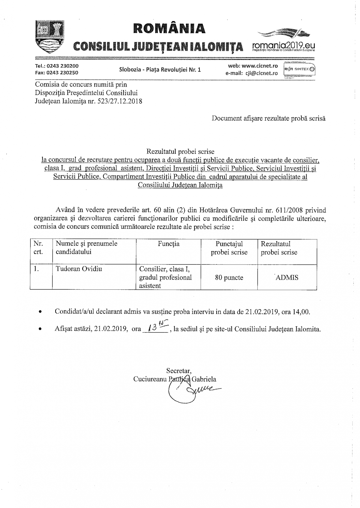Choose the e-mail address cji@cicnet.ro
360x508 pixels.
(x=262, y=73)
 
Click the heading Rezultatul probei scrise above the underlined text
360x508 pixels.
(x=180, y=152)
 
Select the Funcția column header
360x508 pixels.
(x=169, y=244)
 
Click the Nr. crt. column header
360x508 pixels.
(x=38, y=248)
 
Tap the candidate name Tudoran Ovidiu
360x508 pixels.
(x=79, y=269)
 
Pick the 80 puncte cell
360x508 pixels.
(x=229, y=278)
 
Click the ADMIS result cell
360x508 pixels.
(x=287, y=278)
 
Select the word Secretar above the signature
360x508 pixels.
(x=179, y=371)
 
